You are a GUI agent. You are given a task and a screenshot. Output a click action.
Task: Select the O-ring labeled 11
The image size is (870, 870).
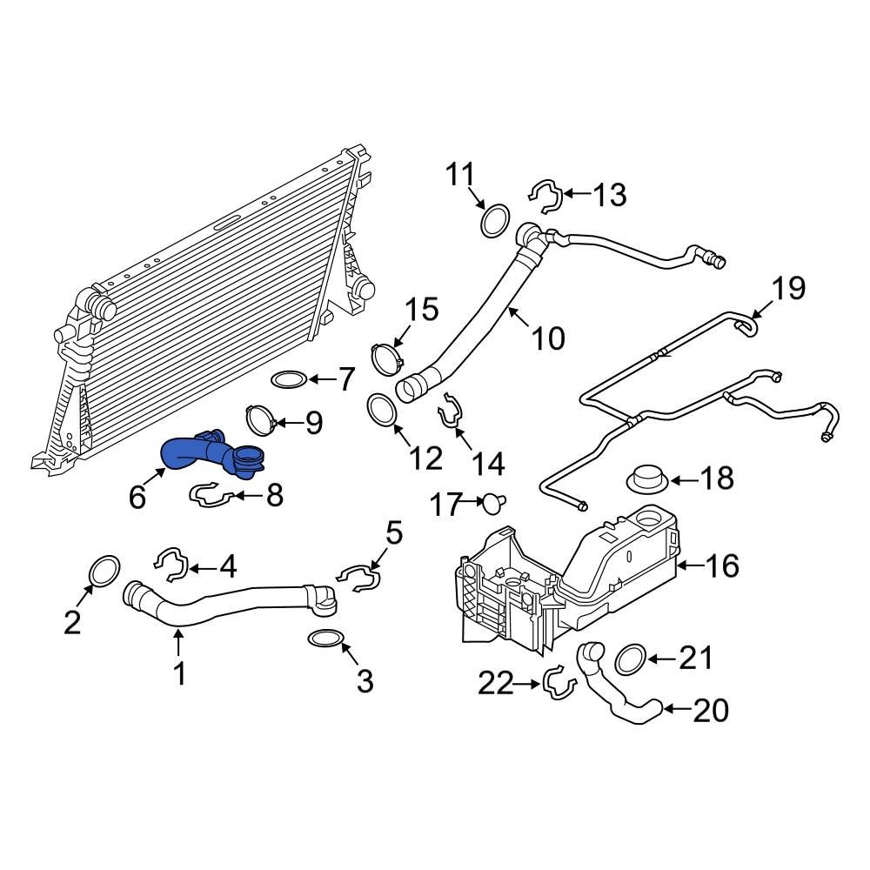[x=494, y=220]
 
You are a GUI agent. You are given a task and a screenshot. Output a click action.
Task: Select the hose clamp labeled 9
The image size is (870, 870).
[x=261, y=420]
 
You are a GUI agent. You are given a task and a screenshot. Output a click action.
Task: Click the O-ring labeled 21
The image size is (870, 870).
[x=629, y=659]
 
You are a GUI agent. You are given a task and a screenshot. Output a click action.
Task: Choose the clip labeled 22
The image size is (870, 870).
[x=559, y=684]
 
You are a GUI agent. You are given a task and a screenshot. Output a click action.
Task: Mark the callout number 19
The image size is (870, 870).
[x=789, y=288]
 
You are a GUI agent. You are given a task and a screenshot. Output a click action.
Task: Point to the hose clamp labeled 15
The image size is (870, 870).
[x=385, y=357]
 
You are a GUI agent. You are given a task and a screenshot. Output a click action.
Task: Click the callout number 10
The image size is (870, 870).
[x=548, y=338]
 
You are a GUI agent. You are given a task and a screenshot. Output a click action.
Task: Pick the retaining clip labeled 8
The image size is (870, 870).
[x=211, y=496]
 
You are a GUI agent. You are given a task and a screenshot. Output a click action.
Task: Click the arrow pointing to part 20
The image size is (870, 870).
[x=674, y=710]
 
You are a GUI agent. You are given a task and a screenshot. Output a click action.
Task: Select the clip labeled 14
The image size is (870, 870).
[x=452, y=411]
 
